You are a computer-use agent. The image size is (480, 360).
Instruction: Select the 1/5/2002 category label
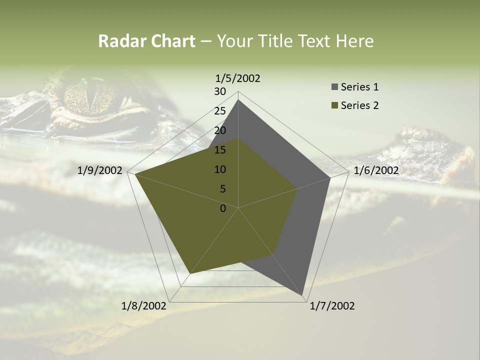238,78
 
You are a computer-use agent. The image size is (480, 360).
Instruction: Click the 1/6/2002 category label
376,170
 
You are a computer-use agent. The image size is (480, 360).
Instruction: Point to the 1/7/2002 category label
332,306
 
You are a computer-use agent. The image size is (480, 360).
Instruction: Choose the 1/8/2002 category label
144,306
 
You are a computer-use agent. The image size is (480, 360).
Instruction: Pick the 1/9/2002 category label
100,170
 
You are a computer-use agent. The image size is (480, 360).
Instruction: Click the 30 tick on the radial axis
220,91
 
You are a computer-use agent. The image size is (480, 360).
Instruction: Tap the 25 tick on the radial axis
220,111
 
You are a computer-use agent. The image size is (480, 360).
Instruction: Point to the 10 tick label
220,169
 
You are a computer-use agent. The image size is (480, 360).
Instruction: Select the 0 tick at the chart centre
223,208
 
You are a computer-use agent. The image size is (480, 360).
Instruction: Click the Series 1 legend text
359,87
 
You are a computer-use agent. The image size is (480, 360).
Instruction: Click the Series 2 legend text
359,105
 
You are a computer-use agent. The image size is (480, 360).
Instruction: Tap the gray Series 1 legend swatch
334,87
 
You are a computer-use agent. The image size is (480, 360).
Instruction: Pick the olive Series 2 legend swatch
334,105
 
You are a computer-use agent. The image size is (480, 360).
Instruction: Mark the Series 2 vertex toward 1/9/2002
135,174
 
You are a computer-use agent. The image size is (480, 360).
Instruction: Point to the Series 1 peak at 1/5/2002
238,100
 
